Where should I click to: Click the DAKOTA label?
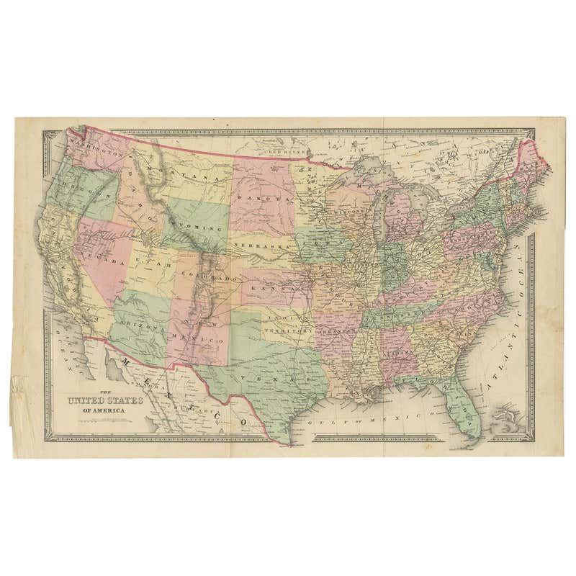pos(271,196)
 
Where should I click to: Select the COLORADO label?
pos(212,277)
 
